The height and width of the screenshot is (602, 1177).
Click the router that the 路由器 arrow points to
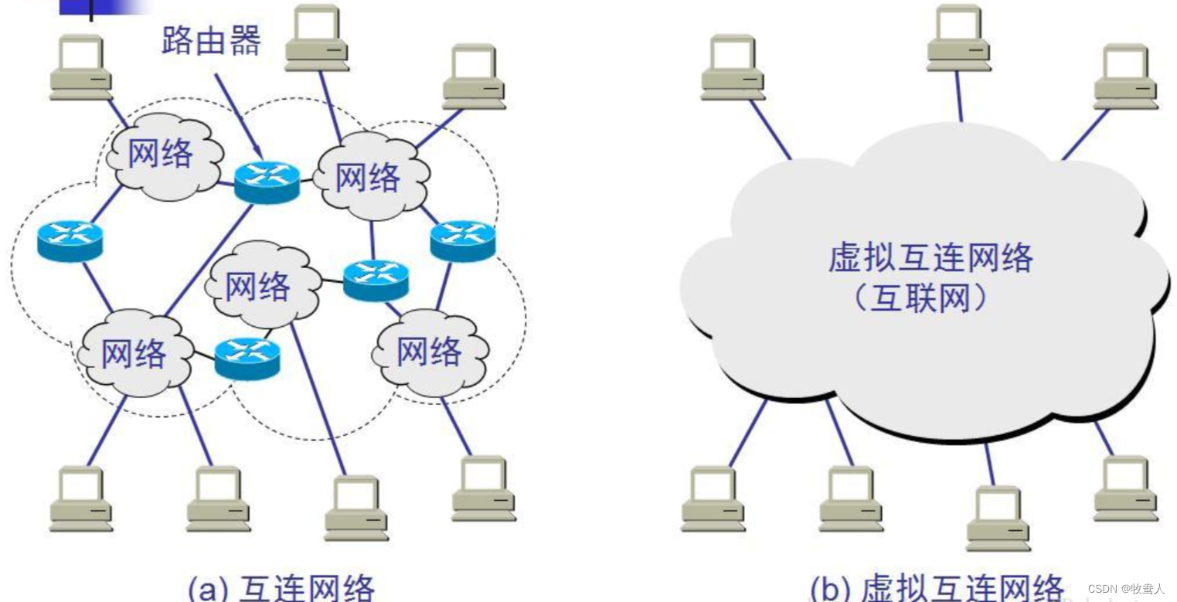267,182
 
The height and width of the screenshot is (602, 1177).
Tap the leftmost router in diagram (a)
70,240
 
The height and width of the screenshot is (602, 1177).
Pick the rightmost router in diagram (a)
462,240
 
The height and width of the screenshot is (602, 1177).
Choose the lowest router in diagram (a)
247,359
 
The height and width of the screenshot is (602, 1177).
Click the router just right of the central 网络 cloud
376,280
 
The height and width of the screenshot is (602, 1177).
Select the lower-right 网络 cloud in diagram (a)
429,353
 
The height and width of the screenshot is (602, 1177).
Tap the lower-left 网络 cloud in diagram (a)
134,355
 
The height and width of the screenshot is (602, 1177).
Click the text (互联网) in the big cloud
920,298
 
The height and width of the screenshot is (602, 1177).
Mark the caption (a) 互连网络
281,587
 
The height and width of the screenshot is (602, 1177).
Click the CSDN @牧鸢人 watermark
1125,589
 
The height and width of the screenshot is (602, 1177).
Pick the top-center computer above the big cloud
959,39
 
